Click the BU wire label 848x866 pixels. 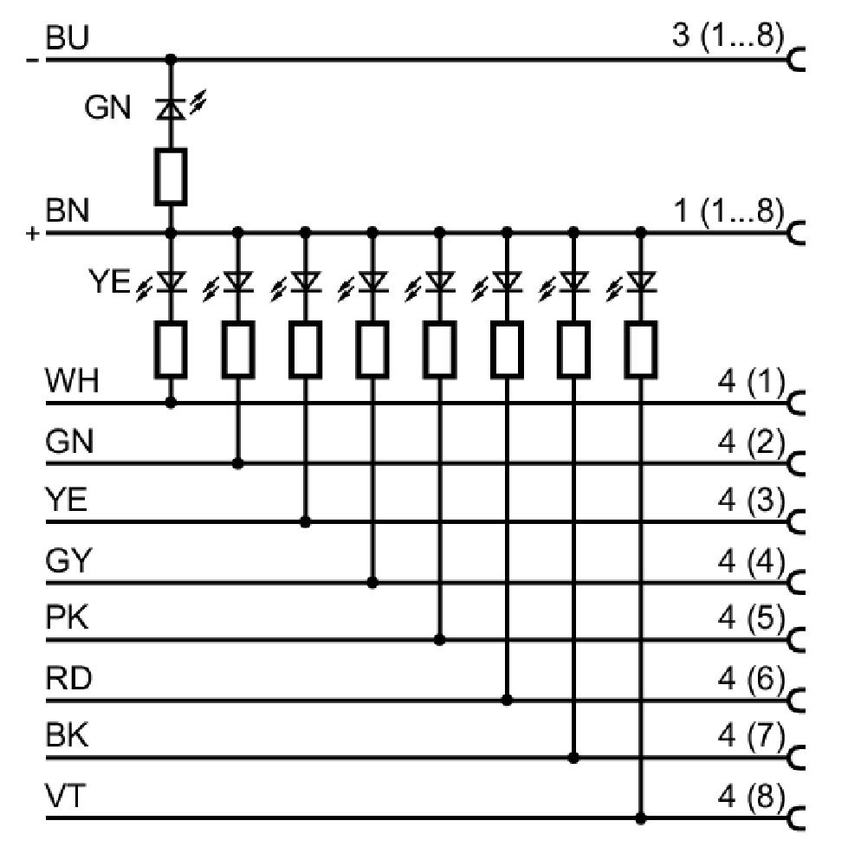[67, 38]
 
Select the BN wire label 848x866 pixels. [67, 211]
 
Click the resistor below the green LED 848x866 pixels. [171, 177]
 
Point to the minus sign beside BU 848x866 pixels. [33, 61]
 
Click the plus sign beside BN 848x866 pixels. [33, 234]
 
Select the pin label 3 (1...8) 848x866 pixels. [728, 36]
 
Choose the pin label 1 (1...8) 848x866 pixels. [728, 211]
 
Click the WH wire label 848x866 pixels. [72, 381]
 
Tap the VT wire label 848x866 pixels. [65, 797]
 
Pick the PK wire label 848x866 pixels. [67, 617]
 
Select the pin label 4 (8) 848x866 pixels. [751, 797]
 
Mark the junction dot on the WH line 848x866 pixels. [171, 404]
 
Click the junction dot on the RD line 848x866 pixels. [507, 701]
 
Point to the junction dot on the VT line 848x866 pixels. [641, 818]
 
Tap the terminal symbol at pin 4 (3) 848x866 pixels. [796, 522]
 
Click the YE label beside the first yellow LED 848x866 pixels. [109, 281]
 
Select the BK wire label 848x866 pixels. [67, 736]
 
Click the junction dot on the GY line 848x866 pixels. [372, 582]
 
